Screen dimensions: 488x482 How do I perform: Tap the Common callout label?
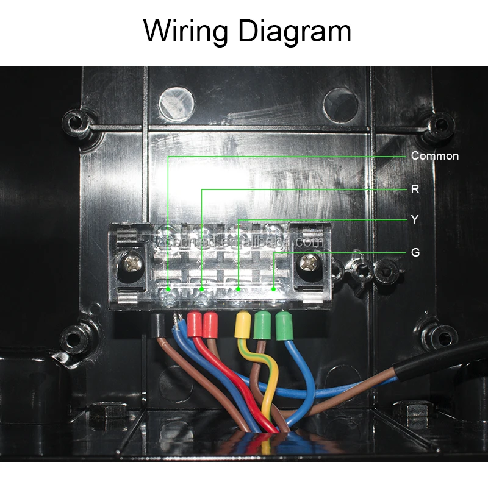(434, 156)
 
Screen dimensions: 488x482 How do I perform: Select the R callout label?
(415, 189)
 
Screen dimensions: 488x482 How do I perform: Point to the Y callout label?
(415, 219)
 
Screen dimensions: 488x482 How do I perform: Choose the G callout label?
(415, 252)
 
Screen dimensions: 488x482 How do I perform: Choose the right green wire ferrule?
(283, 326)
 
